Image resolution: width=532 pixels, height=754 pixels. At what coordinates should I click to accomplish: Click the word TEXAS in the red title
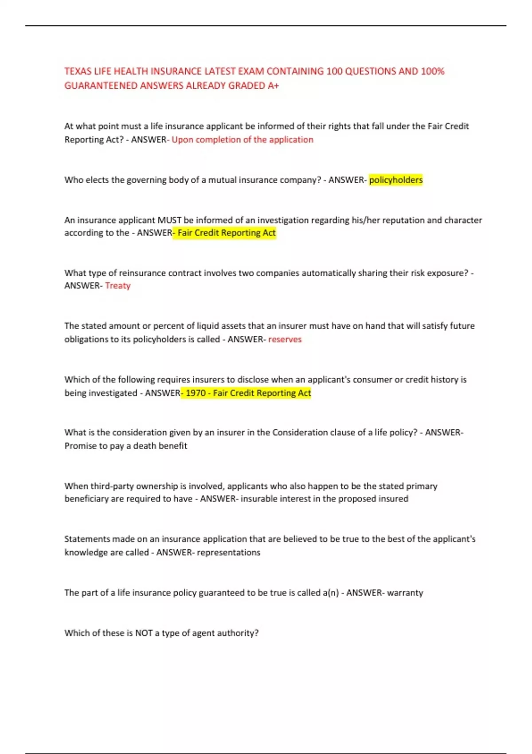(78, 71)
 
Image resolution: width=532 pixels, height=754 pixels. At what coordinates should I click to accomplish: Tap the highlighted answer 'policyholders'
(396, 180)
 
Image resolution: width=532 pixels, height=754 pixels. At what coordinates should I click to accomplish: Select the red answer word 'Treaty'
(118, 286)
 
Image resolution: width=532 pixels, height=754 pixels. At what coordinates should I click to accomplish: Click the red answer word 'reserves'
(285, 339)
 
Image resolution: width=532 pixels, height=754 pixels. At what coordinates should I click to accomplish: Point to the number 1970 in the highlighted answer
(195, 393)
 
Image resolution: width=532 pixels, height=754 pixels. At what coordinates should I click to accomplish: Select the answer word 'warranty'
(405, 593)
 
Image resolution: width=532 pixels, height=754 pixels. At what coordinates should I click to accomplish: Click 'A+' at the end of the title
(273, 86)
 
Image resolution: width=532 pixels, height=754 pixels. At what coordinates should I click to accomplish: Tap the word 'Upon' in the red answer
(182, 140)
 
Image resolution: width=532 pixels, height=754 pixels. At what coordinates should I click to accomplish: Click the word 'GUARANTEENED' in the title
(101, 86)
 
